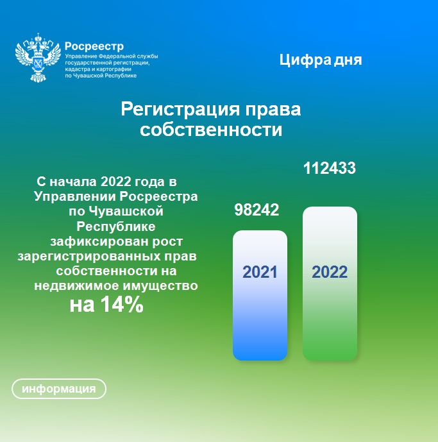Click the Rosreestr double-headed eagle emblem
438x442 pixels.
pyautogui.click(x=38, y=58)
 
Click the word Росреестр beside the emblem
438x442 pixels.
pyautogui.click(x=94, y=46)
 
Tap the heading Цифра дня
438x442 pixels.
pyautogui.click(x=321, y=60)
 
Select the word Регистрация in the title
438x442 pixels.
pyautogui.click(x=180, y=109)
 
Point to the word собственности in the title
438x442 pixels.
pyautogui.click(x=211, y=130)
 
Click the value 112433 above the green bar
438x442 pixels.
pyautogui.click(x=329, y=168)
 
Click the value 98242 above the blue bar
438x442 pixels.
pyautogui.click(x=257, y=210)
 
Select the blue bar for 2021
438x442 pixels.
pyautogui.click(x=260, y=295)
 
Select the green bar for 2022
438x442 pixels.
pyautogui.click(x=330, y=284)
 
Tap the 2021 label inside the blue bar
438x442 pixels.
pyautogui.click(x=260, y=272)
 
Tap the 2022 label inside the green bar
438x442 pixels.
pyautogui.click(x=330, y=272)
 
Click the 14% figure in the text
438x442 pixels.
pyautogui.click(x=121, y=305)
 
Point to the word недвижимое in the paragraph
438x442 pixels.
pyautogui.click(x=76, y=286)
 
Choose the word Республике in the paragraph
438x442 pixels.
pyautogui.click(x=116, y=227)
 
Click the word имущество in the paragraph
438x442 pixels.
pyautogui.click(x=161, y=286)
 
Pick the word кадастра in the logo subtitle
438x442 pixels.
pyautogui.click(x=76, y=69)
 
